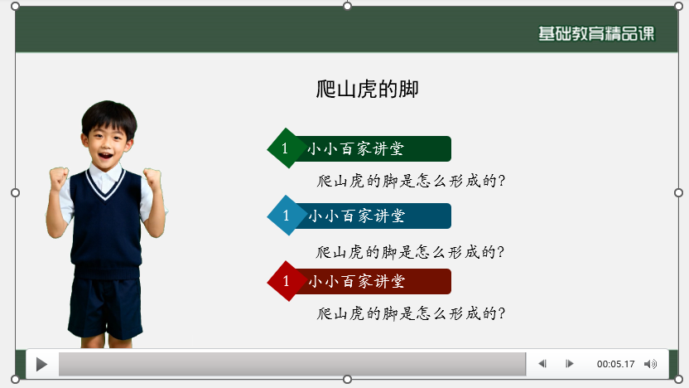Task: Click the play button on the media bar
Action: tap(41, 364)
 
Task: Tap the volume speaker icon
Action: tap(651, 364)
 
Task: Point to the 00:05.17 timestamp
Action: tap(615, 364)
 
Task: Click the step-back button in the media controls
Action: tap(542, 364)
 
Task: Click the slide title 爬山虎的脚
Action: tap(368, 89)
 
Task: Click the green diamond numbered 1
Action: tap(286, 148)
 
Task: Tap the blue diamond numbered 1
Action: tap(286, 216)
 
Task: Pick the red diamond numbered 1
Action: tap(286, 281)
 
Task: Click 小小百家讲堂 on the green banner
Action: tap(356, 149)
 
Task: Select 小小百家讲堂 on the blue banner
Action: tap(356, 216)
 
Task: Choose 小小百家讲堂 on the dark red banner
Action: tap(356, 282)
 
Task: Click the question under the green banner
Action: tap(411, 181)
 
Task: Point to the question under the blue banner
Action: tap(411, 251)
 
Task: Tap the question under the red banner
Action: tap(411, 313)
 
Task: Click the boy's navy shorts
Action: tap(105, 307)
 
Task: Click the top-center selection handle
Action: tap(348, 6)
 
